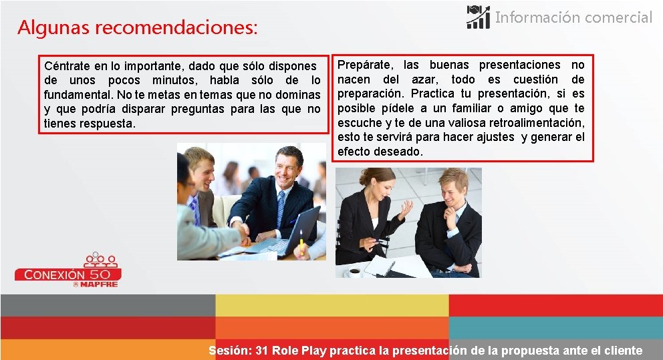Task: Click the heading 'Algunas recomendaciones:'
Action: [x=137, y=28]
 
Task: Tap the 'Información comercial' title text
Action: [x=573, y=18]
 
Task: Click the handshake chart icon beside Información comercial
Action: [x=478, y=17]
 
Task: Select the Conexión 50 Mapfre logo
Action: [x=68, y=270]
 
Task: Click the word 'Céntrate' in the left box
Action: [x=67, y=66]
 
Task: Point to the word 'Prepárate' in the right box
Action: [x=365, y=65]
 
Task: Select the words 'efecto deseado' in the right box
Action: [x=380, y=152]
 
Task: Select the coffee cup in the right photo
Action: [x=354, y=271]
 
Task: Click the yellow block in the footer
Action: [x=331, y=305]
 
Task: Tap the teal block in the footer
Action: [x=555, y=327]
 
